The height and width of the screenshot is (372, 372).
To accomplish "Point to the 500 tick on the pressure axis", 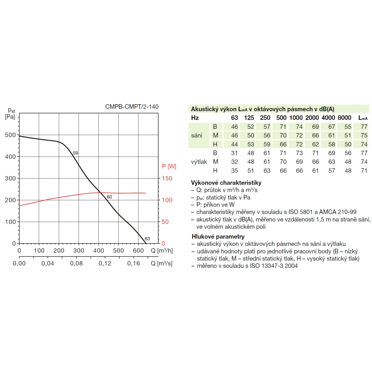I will click(10, 135).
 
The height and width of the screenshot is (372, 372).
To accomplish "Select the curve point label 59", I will click(76, 153).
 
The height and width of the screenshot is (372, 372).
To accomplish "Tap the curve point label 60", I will click(109, 197).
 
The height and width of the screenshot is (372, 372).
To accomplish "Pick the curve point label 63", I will click(147, 238).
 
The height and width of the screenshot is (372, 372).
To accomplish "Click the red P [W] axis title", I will click(169, 166).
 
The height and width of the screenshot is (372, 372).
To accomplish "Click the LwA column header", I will click(363, 118).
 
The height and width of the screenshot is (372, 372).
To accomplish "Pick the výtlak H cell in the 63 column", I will click(234, 171).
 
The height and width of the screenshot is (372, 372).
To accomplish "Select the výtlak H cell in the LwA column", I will click(364, 171).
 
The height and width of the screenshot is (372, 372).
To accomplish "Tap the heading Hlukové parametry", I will click(218, 236).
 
